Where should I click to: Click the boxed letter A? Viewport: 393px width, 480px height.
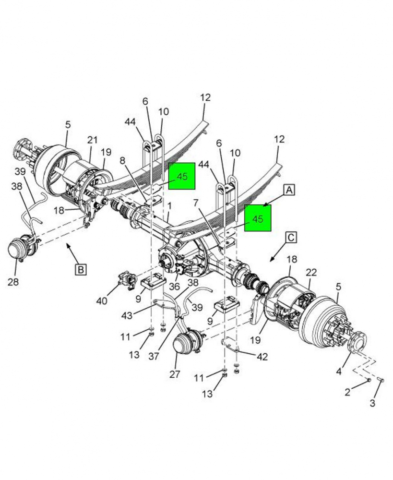tap(289, 191)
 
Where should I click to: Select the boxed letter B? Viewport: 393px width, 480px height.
tap(81, 269)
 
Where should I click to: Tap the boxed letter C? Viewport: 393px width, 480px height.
tap(292, 237)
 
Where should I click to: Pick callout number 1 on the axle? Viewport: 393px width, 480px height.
tap(169, 206)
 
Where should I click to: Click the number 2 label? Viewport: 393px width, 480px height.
tap(348, 392)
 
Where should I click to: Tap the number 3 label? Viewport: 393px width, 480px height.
tap(372, 403)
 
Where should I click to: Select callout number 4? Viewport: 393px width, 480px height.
tap(339, 371)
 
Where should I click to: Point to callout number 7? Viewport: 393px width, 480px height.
tap(196, 204)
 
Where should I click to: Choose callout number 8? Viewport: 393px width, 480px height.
tap(122, 162)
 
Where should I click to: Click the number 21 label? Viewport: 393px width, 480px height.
tap(92, 140)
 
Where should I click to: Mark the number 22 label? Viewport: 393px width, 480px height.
tap(311, 272)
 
